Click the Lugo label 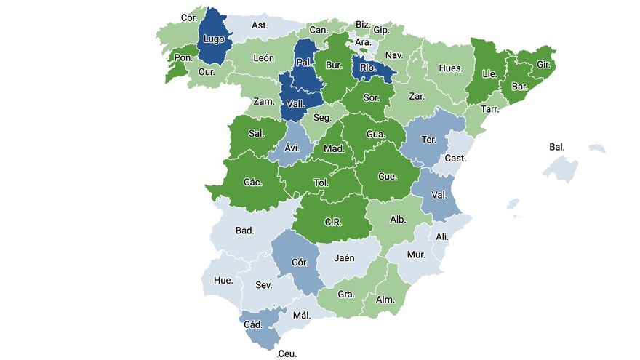tap(214, 39)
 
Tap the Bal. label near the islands tap(557, 147)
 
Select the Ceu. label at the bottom tap(287, 354)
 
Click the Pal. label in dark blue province tap(305, 63)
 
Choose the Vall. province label tap(295, 104)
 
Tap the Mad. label tap(334, 148)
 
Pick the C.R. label tap(334, 221)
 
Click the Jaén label tap(344, 257)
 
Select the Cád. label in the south tap(253, 324)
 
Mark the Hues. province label tap(450, 68)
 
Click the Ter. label tap(428, 139)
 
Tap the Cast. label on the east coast tap(455, 158)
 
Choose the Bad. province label tap(244, 231)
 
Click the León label tap(263, 57)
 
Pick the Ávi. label tap(291, 147)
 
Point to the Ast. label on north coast tap(260, 25)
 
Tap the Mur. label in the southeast tap(416, 255)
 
